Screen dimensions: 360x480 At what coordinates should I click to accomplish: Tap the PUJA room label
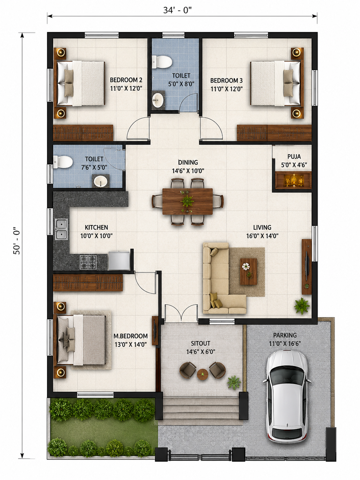pos(294,156)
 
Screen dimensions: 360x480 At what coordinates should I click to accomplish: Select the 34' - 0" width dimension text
pos(177,10)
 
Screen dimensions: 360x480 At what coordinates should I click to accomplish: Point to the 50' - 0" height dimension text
pos(17,240)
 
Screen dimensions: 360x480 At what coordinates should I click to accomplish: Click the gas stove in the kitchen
pos(88,262)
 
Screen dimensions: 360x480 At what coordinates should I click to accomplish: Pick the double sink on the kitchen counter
pos(61,229)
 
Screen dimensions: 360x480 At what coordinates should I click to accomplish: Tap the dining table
pos(188,201)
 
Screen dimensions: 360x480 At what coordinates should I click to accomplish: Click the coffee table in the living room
pos(249,271)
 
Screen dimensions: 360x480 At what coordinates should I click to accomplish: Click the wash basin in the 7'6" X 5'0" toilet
pos(100,181)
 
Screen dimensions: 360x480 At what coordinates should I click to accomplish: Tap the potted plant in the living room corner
pos(302,306)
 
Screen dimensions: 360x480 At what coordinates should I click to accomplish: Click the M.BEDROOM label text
pos(131,336)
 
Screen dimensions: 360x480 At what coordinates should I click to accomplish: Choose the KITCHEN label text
pos(96,227)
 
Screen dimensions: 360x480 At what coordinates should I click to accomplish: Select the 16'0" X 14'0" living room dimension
pos(262,236)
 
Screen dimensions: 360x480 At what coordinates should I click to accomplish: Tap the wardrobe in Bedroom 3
pos(274,133)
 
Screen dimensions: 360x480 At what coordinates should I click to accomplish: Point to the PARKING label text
pos(285,335)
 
